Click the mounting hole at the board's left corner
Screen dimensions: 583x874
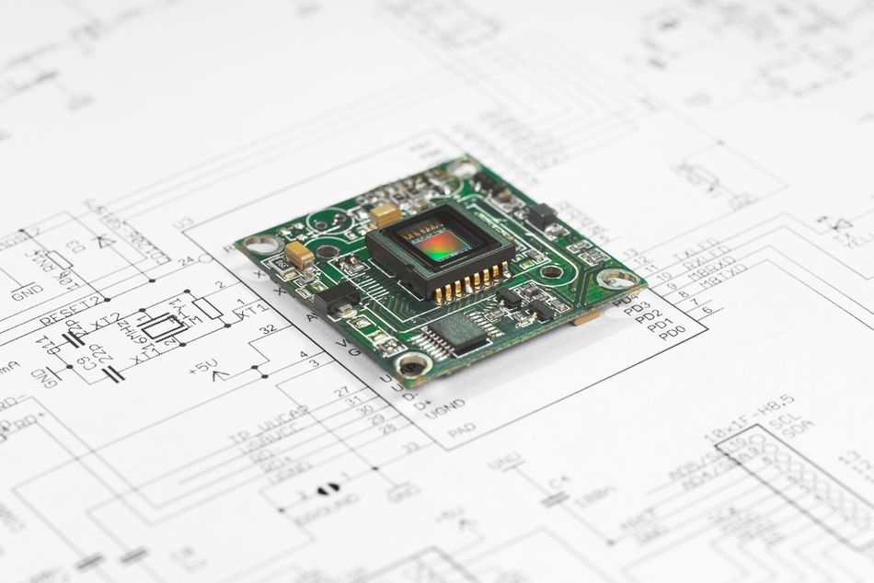[x=263, y=245]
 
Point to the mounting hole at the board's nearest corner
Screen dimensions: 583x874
[x=414, y=365]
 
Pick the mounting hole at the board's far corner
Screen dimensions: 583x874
[x=464, y=169]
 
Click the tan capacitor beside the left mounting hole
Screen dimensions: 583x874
[x=298, y=253]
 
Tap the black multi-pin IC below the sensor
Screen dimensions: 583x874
[x=456, y=333]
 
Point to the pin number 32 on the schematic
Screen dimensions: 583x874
[x=268, y=328]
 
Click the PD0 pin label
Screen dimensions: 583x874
[x=672, y=333]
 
